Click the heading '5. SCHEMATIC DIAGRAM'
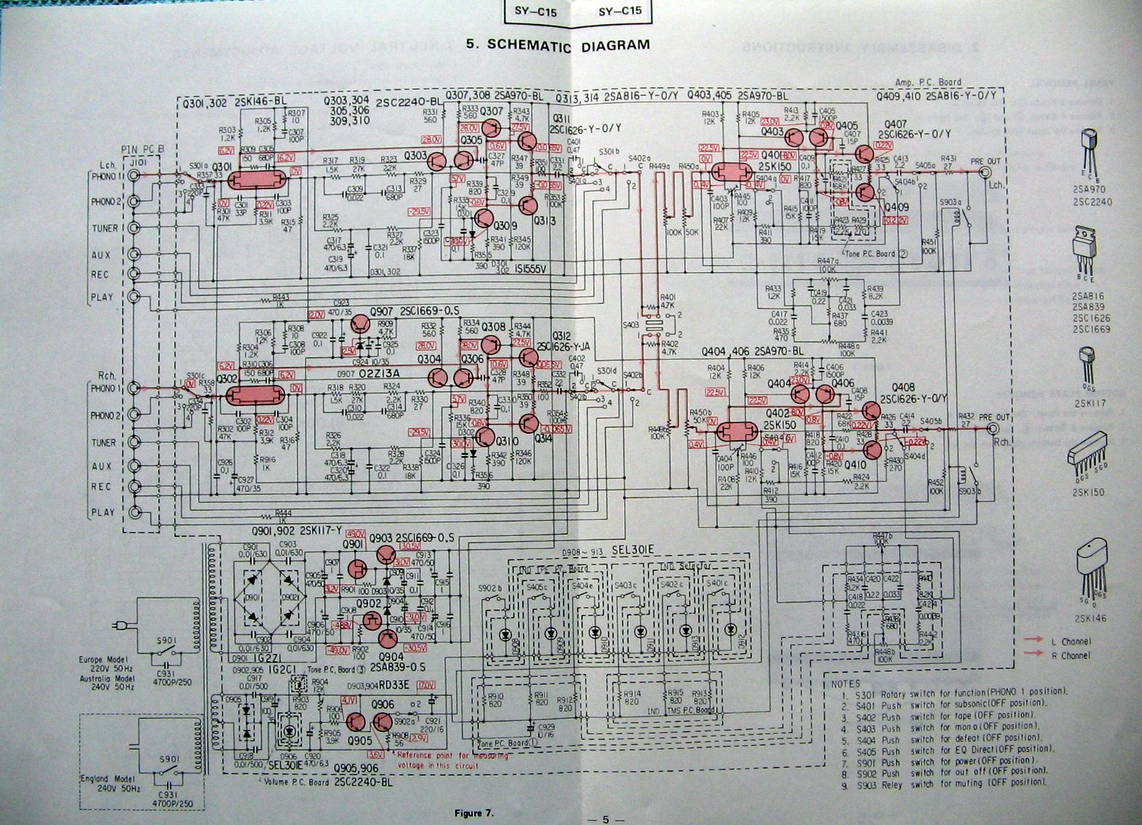click(x=558, y=44)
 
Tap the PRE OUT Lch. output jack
click(x=986, y=173)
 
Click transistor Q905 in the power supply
click(x=356, y=722)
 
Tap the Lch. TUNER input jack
click(x=133, y=228)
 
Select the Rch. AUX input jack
click(x=133, y=466)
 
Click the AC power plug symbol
click(x=120, y=626)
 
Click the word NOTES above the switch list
click(x=845, y=683)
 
